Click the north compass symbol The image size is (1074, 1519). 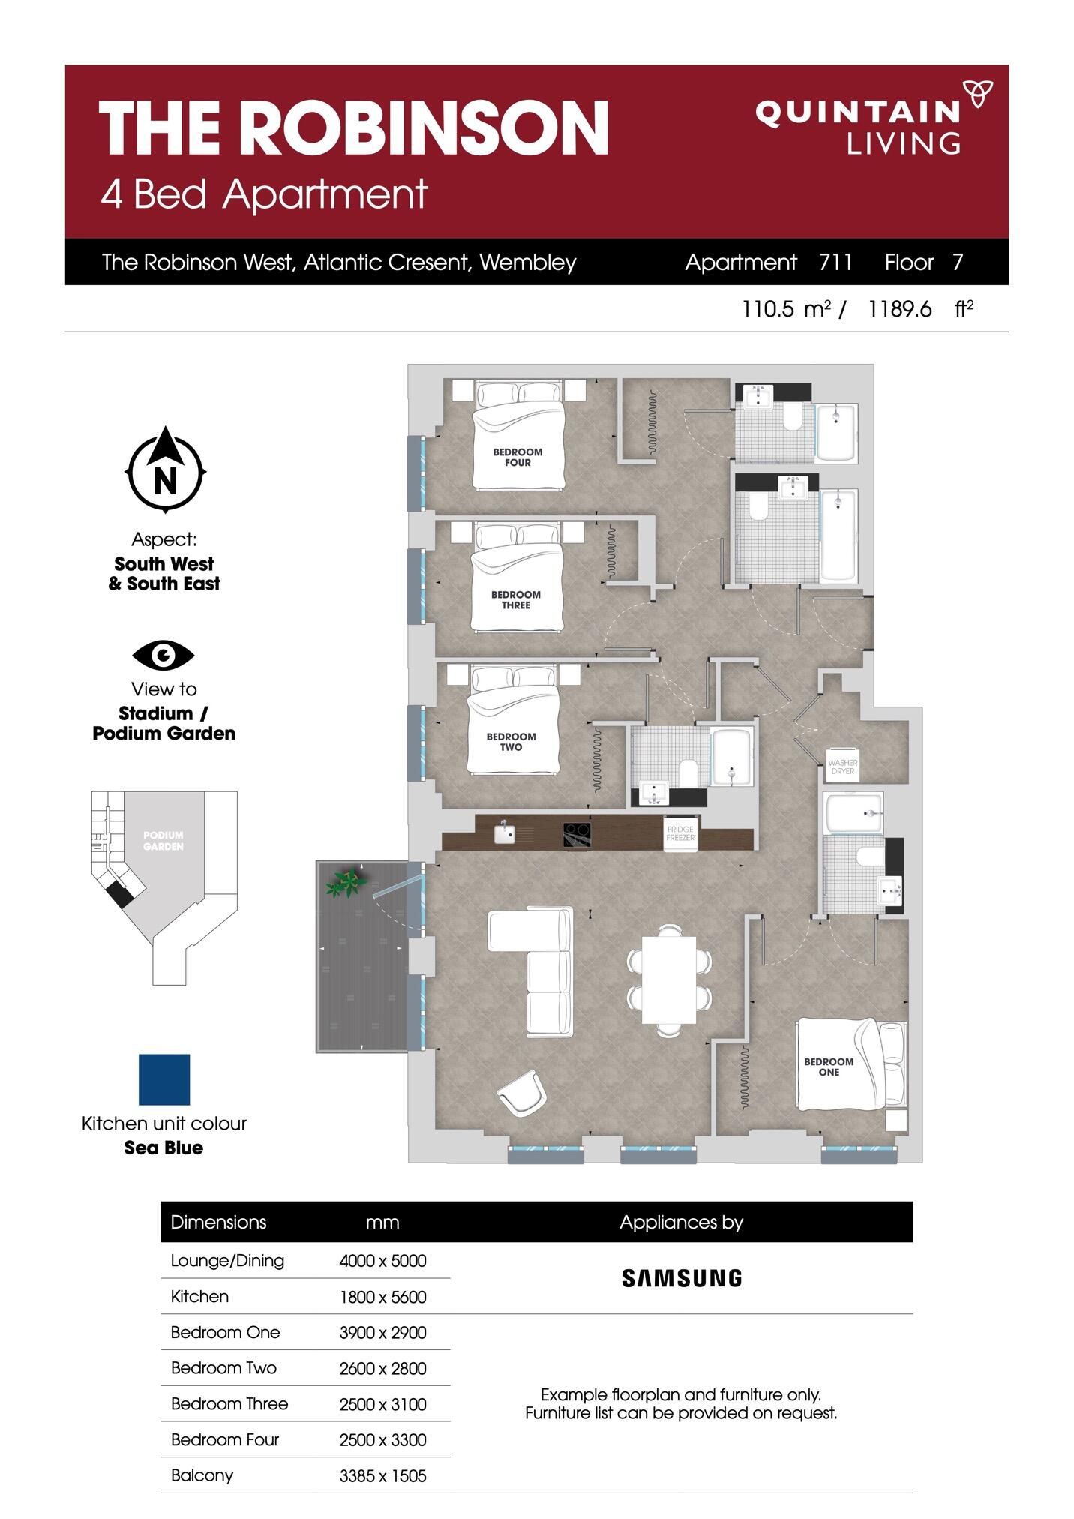[165, 470]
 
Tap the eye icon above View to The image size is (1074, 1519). [163, 655]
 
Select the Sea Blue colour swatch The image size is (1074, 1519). [164, 1079]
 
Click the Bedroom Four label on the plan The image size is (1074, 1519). [517, 458]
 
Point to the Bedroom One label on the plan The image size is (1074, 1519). [829, 1067]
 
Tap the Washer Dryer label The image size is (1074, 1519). [842, 767]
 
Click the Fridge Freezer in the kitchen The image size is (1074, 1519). [680, 833]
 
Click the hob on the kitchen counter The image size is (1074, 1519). [577, 836]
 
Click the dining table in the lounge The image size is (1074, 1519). [669, 980]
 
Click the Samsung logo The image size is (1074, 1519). [682, 1278]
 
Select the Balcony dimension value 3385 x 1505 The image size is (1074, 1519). [382, 1476]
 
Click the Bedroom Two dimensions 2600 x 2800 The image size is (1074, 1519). [382, 1369]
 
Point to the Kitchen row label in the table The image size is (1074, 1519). [199, 1296]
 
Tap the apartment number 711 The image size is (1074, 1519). [835, 262]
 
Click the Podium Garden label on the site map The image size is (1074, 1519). [163, 841]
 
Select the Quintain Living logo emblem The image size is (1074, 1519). [978, 94]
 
